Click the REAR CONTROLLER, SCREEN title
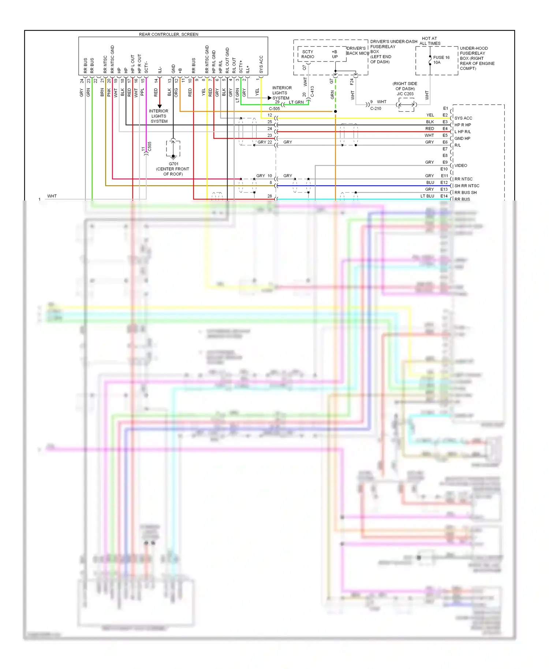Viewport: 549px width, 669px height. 168,34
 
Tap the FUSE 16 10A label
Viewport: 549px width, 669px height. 441,60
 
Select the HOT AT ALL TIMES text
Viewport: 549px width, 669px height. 430,41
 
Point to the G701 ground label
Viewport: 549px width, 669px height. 173,164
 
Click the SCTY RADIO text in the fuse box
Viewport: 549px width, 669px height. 308,54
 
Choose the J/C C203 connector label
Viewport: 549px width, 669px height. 405,94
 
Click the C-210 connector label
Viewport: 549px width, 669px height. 376,108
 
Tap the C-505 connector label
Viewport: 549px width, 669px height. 274,109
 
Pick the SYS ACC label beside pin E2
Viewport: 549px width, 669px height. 463,118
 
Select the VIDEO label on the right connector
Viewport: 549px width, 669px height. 460,165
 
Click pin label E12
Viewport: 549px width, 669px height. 444,183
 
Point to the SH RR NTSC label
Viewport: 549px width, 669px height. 467,186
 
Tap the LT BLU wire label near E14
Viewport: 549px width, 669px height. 427,196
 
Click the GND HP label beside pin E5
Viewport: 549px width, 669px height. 462,138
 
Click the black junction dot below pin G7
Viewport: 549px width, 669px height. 335,111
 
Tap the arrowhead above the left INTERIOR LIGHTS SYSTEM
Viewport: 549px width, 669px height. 160,106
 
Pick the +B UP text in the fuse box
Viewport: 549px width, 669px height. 335,54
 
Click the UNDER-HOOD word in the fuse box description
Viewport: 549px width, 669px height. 474,48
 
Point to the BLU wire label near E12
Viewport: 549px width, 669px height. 430,183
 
